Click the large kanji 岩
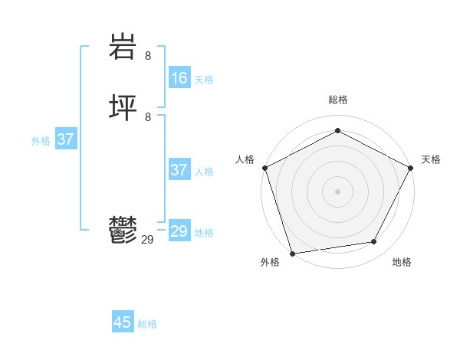pyautogui.click(x=123, y=48)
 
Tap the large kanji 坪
pyautogui.click(x=123, y=108)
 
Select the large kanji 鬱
pyautogui.click(x=123, y=231)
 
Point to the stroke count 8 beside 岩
pyautogui.click(x=148, y=56)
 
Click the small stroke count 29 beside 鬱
pyautogui.click(x=148, y=240)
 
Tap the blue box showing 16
pyautogui.click(x=179, y=78)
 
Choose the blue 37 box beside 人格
pyautogui.click(x=179, y=170)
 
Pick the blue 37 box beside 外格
pyautogui.click(x=66, y=139)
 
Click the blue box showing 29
pyautogui.click(x=179, y=231)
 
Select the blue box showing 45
pyautogui.click(x=123, y=322)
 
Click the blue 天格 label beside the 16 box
pyautogui.click(x=204, y=80)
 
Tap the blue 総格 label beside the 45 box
pyautogui.click(x=147, y=324)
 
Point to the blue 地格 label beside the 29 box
pyautogui.click(x=204, y=233)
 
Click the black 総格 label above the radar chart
pyautogui.click(x=338, y=100)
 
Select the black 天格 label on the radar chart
pyautogui.click(x=431, y=159)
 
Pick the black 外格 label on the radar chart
pyautogui.click(x=270, y=262)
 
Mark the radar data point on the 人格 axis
pyautogui.click(x=265, y=168)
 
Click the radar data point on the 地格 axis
pyautogui.click(x=374, y=242)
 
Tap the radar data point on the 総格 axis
pyautogui.click(x=337, y=131)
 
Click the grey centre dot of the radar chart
pyautogui.click(x=337, y=191)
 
